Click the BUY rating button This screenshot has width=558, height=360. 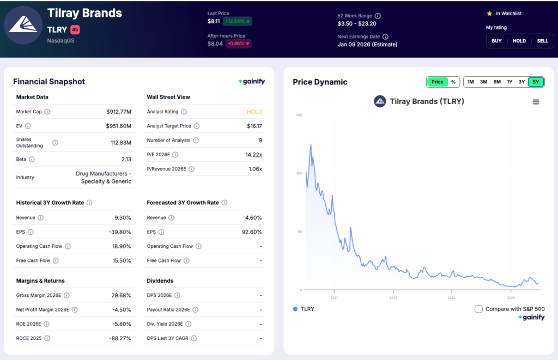(x=496, y=41)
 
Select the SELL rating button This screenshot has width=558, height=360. (x=542, y=41)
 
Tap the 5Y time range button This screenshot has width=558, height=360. (x=536, y=82)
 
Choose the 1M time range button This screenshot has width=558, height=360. (x=470, y=82)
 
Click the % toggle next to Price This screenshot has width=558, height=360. (x=453, y=82)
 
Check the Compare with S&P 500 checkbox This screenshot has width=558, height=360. (x=478, y=309)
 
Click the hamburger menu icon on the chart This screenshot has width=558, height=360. (x=536, y=102)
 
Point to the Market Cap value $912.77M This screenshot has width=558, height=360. (x=119, y=112)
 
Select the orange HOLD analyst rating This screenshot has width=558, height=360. (x=254, y=112)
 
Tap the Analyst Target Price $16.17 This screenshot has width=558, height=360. (x=254, y=126)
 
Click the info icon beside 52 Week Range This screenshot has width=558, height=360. (x=378, y=16)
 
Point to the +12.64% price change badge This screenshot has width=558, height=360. (x=237, y=21)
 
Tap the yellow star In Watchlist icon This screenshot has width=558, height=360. (x=489, y=14)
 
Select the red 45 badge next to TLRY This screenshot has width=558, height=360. (x=75, y=30)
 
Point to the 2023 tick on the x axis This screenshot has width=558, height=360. (x=393, y=298)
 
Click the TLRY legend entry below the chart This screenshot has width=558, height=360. (x=304, y=309)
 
